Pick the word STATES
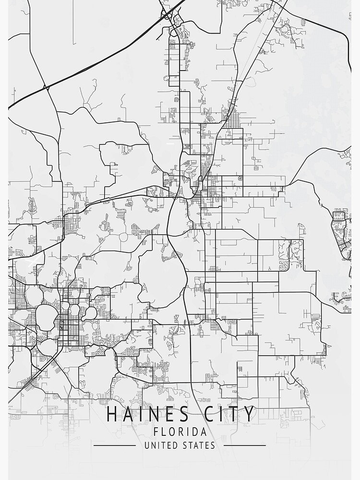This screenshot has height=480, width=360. point(199,445)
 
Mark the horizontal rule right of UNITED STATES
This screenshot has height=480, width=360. point(245,445)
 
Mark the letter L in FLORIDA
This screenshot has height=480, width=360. point(164,432)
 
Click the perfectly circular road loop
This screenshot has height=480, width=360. point(123,237)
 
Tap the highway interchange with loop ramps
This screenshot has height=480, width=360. point(168,16)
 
